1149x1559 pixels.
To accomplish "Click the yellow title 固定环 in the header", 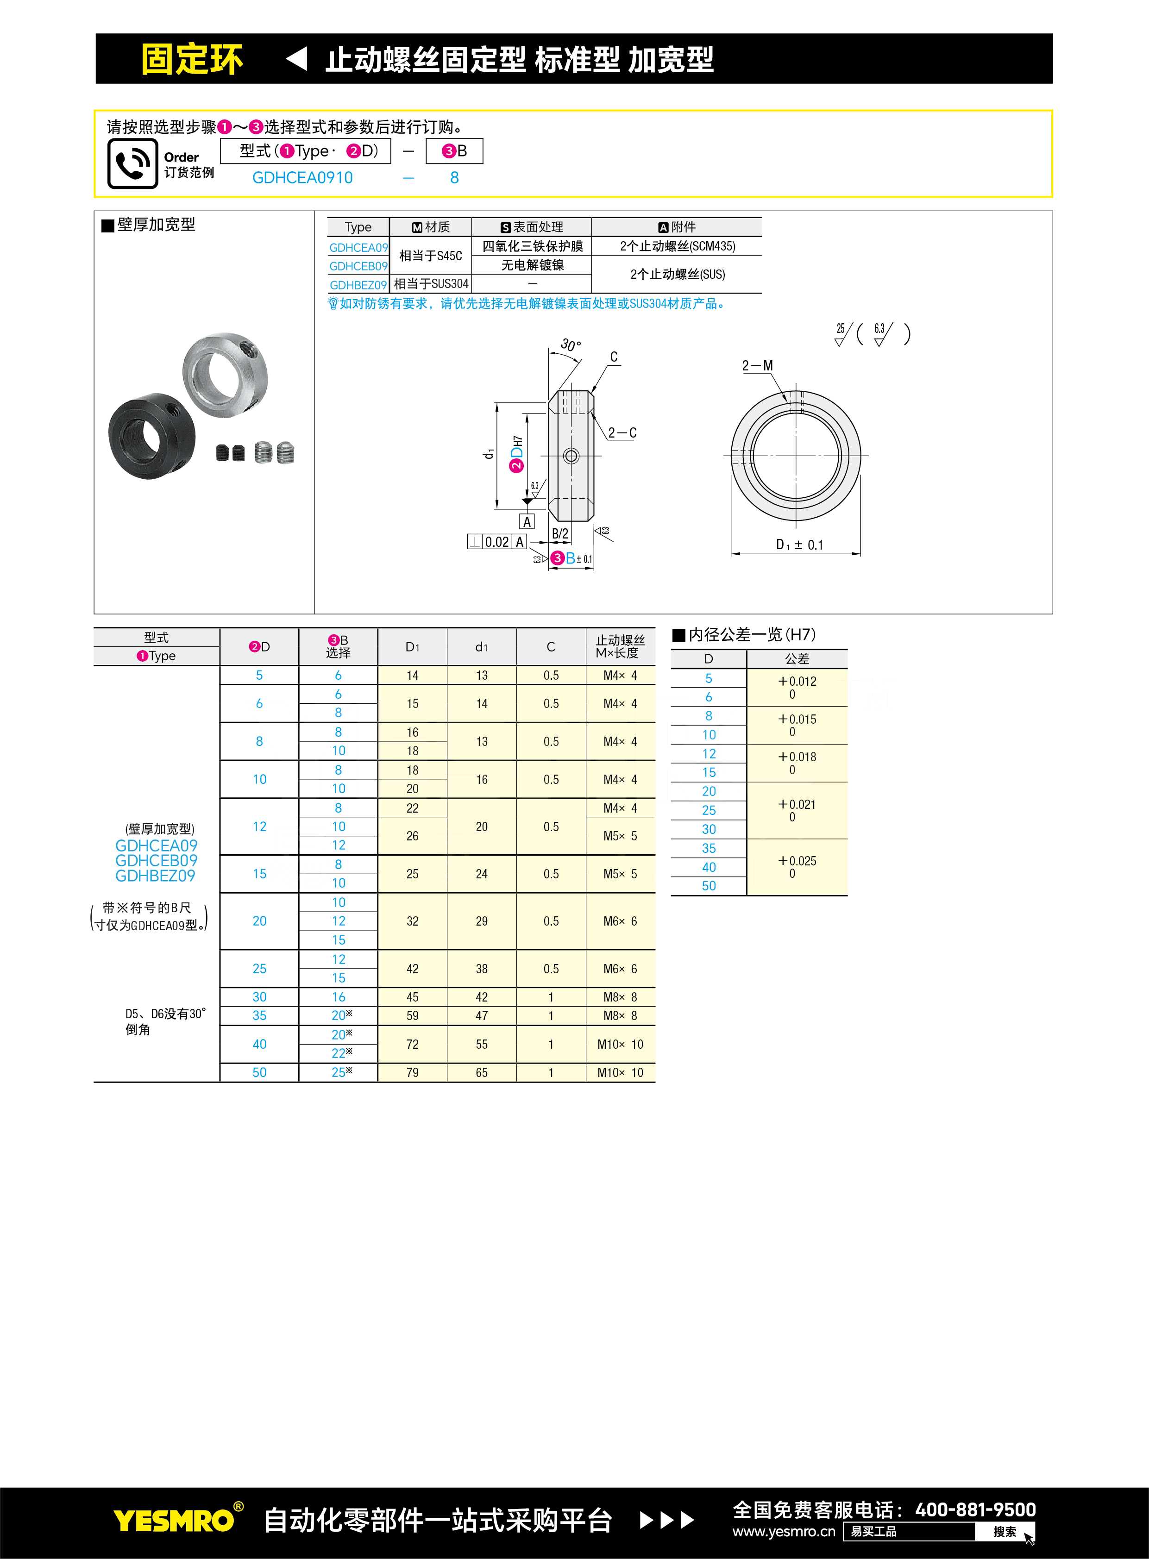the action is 192,59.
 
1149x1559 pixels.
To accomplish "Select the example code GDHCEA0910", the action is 302,178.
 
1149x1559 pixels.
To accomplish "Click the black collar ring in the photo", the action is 151,436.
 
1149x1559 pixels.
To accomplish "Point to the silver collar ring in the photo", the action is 225,375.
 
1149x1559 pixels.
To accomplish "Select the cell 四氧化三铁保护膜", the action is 532,246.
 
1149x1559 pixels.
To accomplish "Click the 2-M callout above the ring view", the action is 757,366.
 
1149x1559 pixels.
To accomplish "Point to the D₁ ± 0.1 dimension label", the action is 799,545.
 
